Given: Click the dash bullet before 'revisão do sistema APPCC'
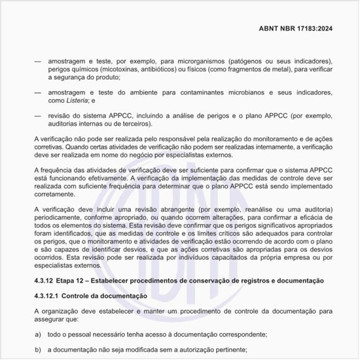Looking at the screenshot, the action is coord(37,116).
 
